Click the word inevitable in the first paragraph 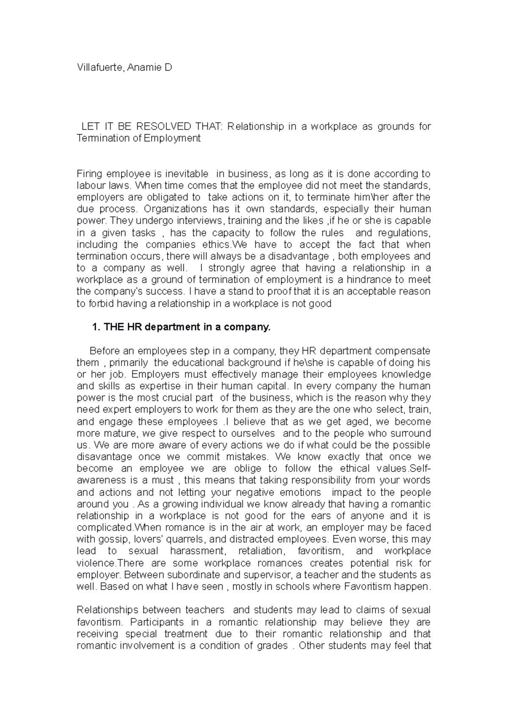point(186,174)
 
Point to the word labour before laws point(90,185)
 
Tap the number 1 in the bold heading point(95,327)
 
